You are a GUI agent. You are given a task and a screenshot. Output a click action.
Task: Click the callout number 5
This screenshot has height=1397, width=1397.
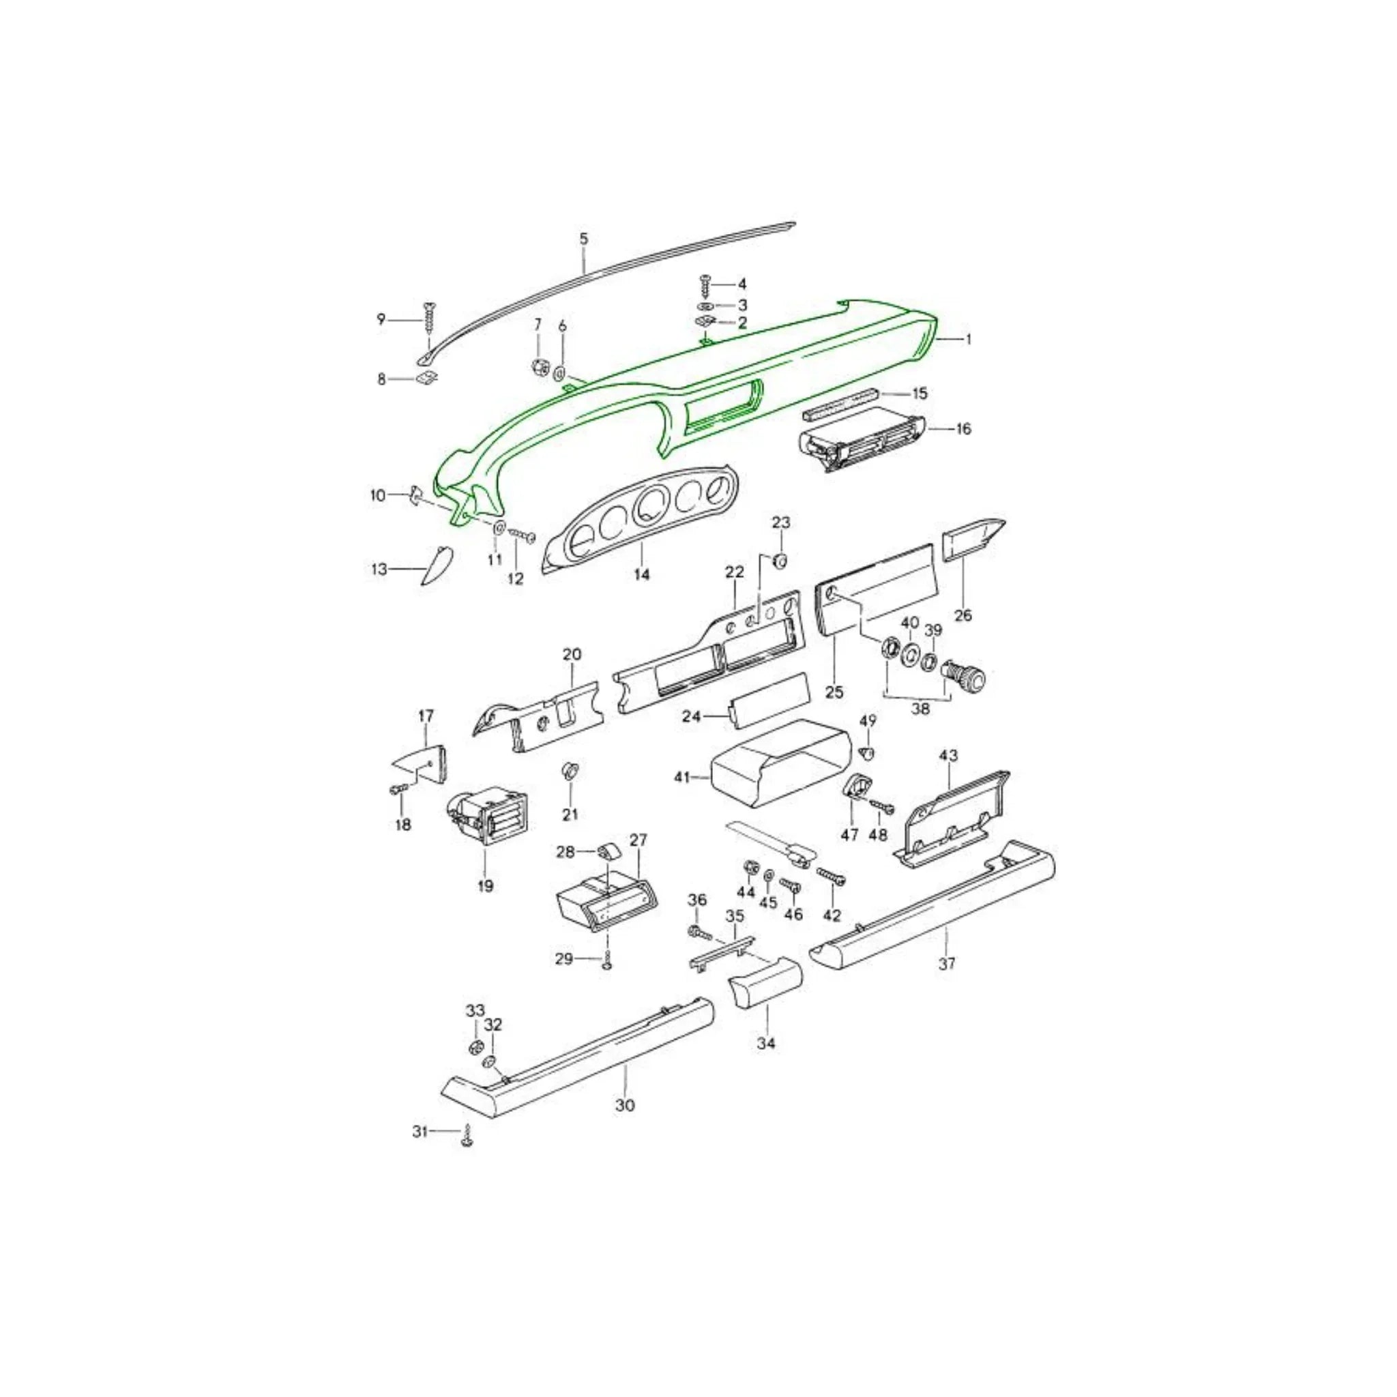tap(585, 239)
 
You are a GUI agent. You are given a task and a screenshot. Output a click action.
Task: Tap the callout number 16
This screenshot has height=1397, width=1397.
tap(963, 429)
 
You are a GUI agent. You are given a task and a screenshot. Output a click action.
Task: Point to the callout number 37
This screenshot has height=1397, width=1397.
tap(947, 963)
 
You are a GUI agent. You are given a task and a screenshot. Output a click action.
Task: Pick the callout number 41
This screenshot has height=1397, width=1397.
tap(681, 778)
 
